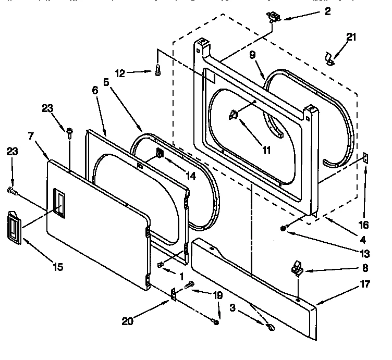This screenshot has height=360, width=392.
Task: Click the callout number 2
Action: point(327,12)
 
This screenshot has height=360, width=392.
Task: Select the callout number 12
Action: point(120,73)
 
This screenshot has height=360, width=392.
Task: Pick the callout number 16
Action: point(363,225)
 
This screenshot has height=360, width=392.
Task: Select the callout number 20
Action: point(128,321)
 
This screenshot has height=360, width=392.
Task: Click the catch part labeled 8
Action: point(296,269)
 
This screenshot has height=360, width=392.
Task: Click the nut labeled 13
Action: point(284,228)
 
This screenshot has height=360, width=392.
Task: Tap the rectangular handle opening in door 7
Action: point(60,203)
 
